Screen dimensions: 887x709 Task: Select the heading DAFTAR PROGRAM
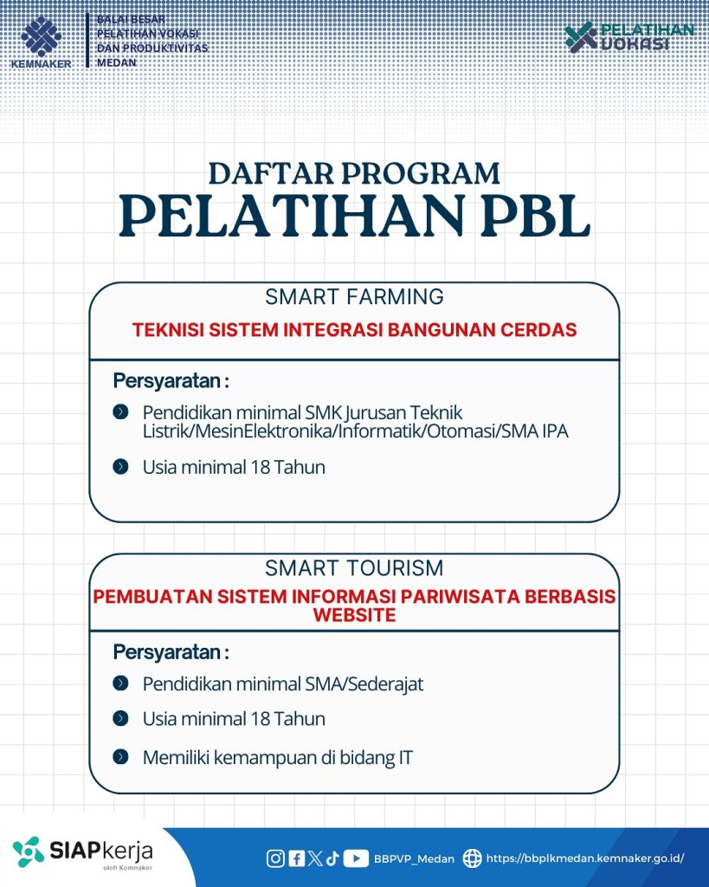point(354,172)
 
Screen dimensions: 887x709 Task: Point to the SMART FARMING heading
point(354,297)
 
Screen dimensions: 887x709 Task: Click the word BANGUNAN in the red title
point(460,330)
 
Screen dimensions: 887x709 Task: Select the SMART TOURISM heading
point(354,568)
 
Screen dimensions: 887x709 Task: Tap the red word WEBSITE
point(354,615)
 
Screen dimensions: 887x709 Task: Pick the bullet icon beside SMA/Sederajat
point(121,683)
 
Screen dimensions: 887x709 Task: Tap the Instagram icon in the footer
point(275,858)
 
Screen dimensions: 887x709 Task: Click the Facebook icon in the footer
point(296,858)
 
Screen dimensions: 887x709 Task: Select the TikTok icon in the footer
point(332,858)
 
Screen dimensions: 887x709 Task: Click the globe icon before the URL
point(472,858)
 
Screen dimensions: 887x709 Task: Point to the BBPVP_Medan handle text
point(414,859)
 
